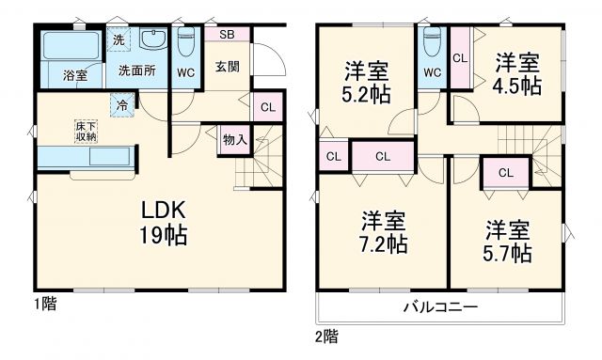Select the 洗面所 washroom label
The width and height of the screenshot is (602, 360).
137,71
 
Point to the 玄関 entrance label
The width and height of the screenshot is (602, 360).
226,66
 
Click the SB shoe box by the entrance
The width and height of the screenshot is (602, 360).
227,35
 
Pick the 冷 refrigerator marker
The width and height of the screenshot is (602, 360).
121,104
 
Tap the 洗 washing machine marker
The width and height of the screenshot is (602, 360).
119,39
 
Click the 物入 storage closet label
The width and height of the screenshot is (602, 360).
235,140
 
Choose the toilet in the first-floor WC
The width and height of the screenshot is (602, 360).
185,43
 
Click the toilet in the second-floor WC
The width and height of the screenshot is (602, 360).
432,42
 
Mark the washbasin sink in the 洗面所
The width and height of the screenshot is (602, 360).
152,39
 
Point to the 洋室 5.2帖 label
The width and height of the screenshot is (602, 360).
366,84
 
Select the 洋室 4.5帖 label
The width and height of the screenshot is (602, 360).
518,73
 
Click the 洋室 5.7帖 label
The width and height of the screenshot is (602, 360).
509,241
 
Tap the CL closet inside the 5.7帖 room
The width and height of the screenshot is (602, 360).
505,172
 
